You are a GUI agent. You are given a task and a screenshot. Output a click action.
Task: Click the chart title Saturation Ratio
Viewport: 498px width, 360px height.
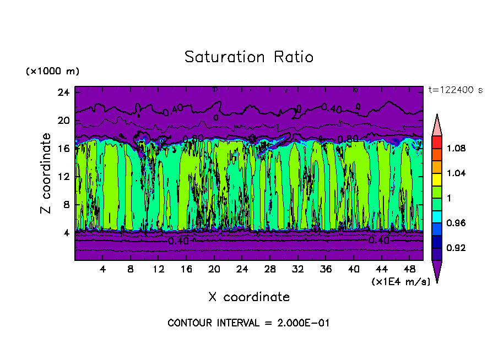click(x=249, y=57)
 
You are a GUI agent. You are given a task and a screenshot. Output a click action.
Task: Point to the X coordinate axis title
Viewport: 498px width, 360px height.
click(x=249, y=297)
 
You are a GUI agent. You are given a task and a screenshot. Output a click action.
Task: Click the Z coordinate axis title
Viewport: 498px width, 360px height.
click(x=46, y=173)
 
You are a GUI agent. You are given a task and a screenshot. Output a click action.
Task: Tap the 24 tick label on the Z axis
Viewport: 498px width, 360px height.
click(x=62, y=92)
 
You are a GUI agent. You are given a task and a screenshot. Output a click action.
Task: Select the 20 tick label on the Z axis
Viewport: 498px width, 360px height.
click(x=62, y=121)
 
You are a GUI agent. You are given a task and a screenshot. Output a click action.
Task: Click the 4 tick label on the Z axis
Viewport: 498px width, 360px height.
click(x=65, y=233)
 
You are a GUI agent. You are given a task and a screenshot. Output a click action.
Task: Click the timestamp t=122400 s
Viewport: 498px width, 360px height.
click(x=455, y=90)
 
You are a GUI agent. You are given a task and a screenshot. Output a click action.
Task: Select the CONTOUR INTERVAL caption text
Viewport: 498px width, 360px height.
click(x=248, y=323)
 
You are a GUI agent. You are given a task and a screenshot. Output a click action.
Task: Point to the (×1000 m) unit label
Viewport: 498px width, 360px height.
click(x=52, y=72)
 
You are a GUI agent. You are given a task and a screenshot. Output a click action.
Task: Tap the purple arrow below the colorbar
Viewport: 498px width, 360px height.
click(x=436, y=271)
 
